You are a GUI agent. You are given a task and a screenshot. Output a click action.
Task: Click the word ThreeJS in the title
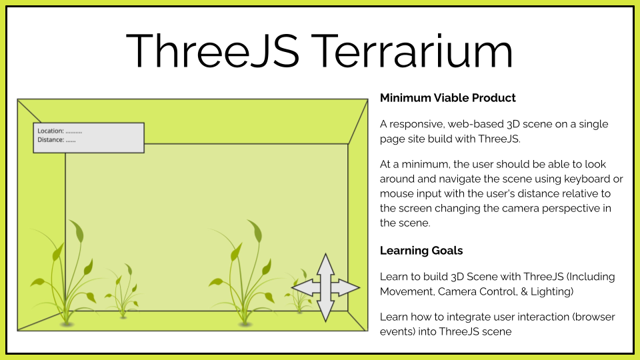(213, 51)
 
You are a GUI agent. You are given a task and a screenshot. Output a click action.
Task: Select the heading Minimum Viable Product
(448, 98)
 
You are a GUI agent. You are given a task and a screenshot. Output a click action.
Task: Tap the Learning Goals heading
(421, 251)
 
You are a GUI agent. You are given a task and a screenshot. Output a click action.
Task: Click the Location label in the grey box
(51, 131)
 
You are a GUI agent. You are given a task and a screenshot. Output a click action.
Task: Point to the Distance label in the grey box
(51, 140)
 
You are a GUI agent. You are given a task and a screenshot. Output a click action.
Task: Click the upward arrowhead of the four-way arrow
(325, 264)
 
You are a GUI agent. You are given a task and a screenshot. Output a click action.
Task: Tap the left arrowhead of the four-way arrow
(302, 288)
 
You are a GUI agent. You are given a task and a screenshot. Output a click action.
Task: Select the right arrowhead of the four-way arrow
(349, 288)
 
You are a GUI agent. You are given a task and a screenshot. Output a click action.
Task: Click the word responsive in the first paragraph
(415, 125)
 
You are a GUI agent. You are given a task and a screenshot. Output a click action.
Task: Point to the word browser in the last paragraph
(595, 317)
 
